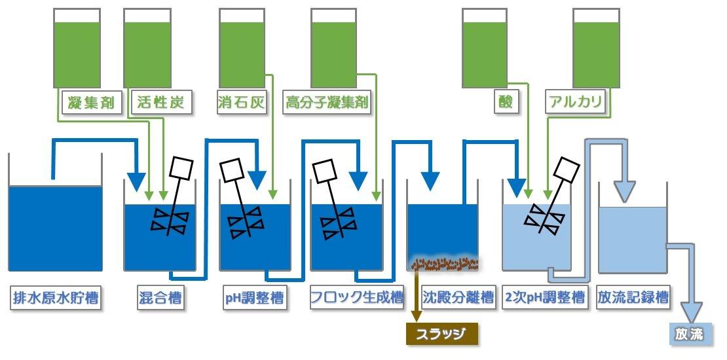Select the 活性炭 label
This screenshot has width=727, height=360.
click(x=161, y=103)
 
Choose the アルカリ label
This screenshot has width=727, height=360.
click(x=576, y=103)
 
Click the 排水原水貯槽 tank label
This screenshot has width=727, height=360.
click(x=56, y=298)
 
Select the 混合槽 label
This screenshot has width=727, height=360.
click(x=160, y=298)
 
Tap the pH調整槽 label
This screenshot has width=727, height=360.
click(x=255, y=298)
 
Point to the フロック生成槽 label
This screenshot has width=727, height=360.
click(x=356, y=298)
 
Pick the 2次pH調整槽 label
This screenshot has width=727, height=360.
click(x=544, y=298)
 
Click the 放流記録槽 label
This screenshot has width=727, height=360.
click(x=633, y=298)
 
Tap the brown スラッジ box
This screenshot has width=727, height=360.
click(x=442, y=334)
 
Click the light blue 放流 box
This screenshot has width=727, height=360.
click(x=690, y=334)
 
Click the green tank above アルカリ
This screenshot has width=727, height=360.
click(x=596, y=49)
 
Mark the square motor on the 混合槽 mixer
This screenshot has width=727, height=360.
click(x=181, y=169)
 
